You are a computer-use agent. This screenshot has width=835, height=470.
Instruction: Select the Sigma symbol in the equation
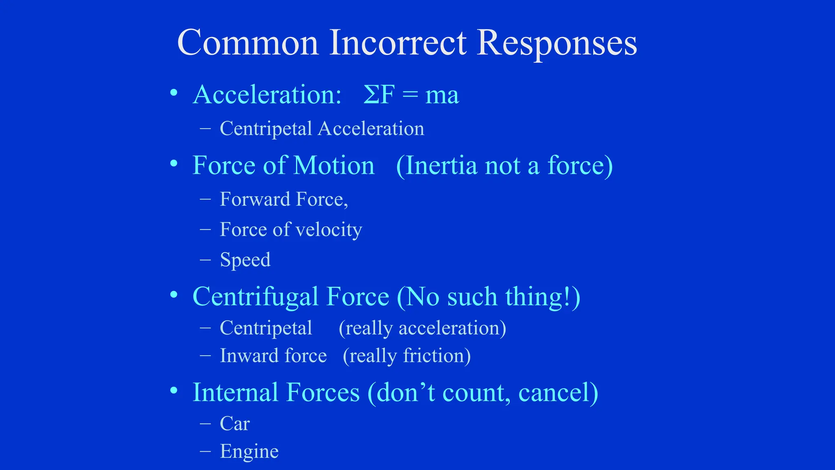[x=372, y=95]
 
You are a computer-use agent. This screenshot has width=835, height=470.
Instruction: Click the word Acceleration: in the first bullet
[x=267, y=95]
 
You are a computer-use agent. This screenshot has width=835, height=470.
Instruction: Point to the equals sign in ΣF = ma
[x=410, y=95]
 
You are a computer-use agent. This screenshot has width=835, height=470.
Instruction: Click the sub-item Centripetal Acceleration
[x=322, y=129]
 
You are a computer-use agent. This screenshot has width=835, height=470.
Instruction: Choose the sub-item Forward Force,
[x=284, y=200]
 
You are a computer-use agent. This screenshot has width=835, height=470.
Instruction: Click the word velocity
[x=329, y=230]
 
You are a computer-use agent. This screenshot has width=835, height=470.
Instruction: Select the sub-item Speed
[x=245, y=260]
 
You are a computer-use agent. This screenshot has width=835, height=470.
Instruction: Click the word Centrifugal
[x=255, y=297]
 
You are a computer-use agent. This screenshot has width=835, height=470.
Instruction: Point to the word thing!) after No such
[x=543, y=297]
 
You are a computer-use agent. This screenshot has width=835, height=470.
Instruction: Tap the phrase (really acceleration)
[x=422, y=328]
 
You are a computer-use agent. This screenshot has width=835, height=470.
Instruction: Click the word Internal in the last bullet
[x=235, y=392]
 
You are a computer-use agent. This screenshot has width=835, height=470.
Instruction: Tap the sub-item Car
[x=234, y=423]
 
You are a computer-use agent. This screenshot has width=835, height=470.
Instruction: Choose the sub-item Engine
[x=249, y=451]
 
